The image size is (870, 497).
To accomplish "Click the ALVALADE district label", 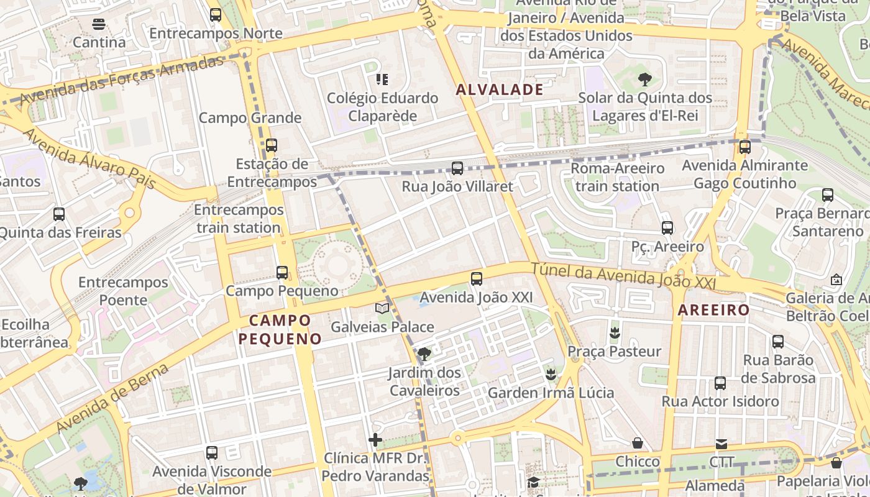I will [x=500, y=89].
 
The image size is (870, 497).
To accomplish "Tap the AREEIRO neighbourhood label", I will [x=713, y=310].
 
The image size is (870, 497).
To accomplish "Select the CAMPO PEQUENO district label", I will [x=280, y=329].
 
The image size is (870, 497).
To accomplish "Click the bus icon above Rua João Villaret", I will [x=457, y=168].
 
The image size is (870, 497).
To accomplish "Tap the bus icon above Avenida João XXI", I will [x=477, y=279].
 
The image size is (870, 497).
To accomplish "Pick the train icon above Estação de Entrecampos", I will [x=272, y=145].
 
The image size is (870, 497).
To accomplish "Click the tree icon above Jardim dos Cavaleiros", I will [x=424, y=354].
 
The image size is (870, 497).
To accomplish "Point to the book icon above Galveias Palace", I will [x=382, y=308].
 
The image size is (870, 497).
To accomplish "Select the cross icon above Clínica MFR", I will [x=375, y=440].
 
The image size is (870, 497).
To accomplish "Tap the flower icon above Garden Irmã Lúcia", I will [x=551, y=374].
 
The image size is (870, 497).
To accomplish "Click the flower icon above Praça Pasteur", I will [x=615, y=332].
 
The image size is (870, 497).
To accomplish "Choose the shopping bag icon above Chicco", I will [x=638, y=443].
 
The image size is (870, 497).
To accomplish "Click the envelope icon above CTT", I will [x=721, y=444].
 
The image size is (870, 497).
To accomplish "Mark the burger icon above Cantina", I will [x=99, y=24].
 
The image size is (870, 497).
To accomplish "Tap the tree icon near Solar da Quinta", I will [x=645, y=79].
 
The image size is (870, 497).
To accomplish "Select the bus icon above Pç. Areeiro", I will [x=667, y=228].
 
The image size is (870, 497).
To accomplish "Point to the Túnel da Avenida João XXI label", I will [x=623, y=275].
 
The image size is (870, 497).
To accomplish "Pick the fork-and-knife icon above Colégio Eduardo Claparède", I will [x=382, y=79].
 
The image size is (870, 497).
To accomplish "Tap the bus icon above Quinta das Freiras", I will [x=59, y=214].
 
